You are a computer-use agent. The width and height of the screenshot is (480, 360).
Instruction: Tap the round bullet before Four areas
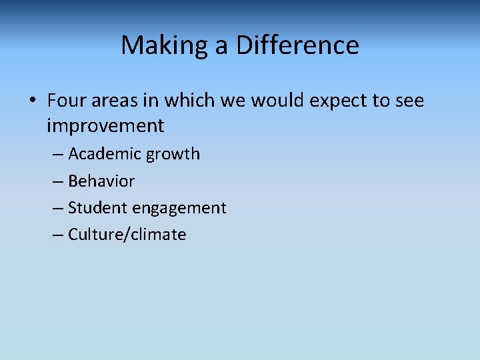(32, 101)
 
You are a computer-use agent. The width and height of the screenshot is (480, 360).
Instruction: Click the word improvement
(105, 125)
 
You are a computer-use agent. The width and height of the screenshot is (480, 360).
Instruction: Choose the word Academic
(105, 154)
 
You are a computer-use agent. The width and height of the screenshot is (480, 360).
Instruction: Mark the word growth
(173, 155)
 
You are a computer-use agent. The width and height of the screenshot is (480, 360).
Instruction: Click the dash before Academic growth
(58, 155)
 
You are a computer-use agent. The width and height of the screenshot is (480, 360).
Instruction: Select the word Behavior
(101, 181)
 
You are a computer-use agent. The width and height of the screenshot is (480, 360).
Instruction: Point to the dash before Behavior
(58, 181)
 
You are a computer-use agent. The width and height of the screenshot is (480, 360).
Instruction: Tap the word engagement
(179, 209)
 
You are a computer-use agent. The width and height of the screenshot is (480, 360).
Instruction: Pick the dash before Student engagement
(58, 208)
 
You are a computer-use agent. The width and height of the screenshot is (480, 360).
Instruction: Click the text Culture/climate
(127, 234)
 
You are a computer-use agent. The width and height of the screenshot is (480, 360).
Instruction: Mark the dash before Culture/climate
(58, 235)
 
